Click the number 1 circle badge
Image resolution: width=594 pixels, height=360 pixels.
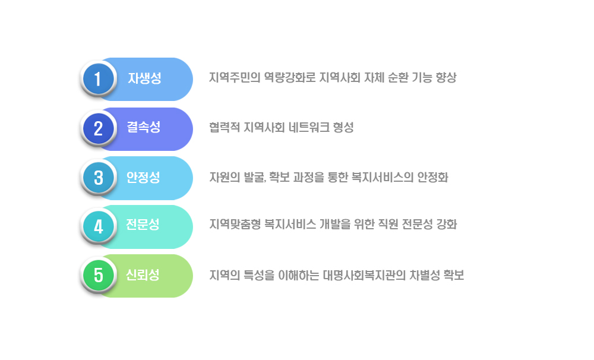pyautogui.click(x=98, y=79)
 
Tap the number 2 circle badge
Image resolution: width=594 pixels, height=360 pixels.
pyautogui.click(x=98, y=128)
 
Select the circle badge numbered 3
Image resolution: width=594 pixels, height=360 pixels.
pyautogui.click(x=98, y=178)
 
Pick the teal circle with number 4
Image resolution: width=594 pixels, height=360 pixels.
pyautogui.click(x=98, y=226)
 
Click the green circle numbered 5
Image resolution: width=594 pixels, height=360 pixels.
pyautogui.click(x=98, y=275)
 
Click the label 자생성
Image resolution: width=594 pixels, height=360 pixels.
pyautogui.click(x=144, y=78)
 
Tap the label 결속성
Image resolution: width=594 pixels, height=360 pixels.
pyautogui.click(x=144, y=127)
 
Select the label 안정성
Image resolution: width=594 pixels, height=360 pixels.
pyautogui.click(x=143, y=177)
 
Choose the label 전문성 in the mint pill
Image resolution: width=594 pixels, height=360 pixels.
pyautogui.click(x=143, y=225)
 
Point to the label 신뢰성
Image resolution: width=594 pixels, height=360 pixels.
pyautogui.click(x=143, y=274)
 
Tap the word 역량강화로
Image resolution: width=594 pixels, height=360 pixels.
pyautogui.click(x=290, y=78)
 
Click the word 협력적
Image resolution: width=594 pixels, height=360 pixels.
pyautogui.click(x=225, y=127)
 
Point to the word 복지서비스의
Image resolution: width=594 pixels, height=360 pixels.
pyautogui.click(x=383, y=178)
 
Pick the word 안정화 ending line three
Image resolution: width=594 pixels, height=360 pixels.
pyautogui.click(x=432, y=178)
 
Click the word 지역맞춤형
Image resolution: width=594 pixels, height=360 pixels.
pyautogui.click(x=235, y=225)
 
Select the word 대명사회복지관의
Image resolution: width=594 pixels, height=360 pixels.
pyautogui.click(x=364, y=275)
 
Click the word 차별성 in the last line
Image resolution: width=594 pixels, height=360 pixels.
pyautogui.click(x=425, y=275)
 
